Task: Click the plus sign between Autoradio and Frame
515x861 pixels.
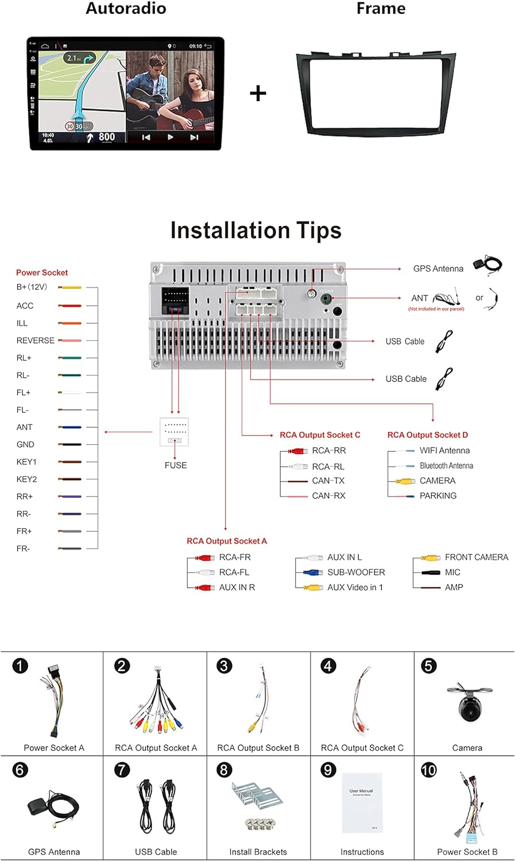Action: pyautogui.click(x=258, y=93)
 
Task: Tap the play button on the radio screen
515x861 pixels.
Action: pyautogui.click(x=170, y=137)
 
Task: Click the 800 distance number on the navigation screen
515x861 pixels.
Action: pyautogui.click(x=107, y=137)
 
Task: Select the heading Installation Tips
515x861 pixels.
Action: pyautogui.click(x=256, y=230)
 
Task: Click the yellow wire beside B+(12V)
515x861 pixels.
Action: pyautogui.click(x=70, y=287)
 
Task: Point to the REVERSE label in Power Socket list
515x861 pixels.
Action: pyautogui.click(x=36, y=340)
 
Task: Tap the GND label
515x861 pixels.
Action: pyautogui.click(x=26, y=444)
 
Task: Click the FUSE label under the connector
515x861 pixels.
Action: pyautogui.click(x=176, y=466)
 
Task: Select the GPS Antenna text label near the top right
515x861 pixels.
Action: pyautogui.click(x=438, y=269)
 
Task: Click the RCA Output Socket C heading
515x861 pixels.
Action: pyautogui.click(x=320, y=435)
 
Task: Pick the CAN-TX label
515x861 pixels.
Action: pyautogui.click(x=328, y=481)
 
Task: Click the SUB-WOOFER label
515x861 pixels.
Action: pyautogui.click(x=356, y=572)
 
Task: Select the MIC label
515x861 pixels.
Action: pyautogui.click(x=452, y=572)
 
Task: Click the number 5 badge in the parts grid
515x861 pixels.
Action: pyautogui.click(x=429, y=666)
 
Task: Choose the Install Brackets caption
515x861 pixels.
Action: pyautogui.click(x=258, y=852)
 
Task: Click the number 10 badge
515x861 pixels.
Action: pyautogui.click(x=429, y=770)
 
